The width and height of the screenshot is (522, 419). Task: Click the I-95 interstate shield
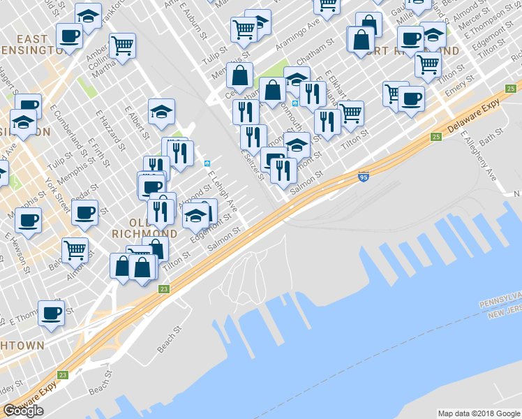[363, 178]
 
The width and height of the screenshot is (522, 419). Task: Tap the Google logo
[23, 410]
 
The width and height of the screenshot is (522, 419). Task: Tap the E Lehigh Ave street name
[223, 192]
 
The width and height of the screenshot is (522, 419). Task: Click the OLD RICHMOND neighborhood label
[144, 226]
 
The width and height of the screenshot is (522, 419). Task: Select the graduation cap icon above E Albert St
[161, 111]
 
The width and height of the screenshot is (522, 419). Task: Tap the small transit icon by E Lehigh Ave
[207, 163]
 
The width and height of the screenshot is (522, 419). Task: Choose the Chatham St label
[322, 48]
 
